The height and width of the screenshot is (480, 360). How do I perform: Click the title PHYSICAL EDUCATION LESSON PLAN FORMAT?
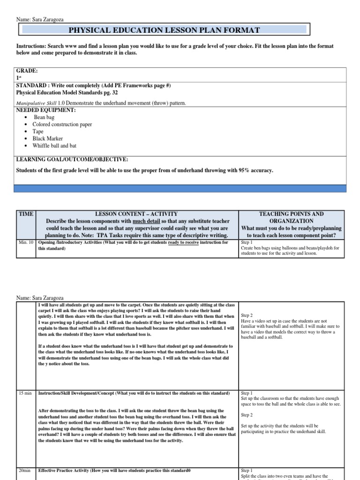click(x=164, y=30)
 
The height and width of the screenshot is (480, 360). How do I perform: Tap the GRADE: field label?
click(x=27, y=70)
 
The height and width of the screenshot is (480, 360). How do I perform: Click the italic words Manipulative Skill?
click(x=36, y=103)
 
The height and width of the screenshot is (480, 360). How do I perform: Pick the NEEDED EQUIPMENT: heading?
click(x=46, y=110)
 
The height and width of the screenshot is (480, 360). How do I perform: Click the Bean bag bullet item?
click(x=44, y=117)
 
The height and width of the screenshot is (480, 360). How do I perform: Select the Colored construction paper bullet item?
click(x=62, y=125)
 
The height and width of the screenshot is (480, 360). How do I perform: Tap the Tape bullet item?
click(x=38, y=132)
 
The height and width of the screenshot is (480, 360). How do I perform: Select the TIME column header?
click(x=26, y=214)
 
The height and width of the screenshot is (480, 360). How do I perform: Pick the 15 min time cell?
click(x=25, y=393)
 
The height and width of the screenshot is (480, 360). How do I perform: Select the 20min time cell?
click(x=25, y=470)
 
